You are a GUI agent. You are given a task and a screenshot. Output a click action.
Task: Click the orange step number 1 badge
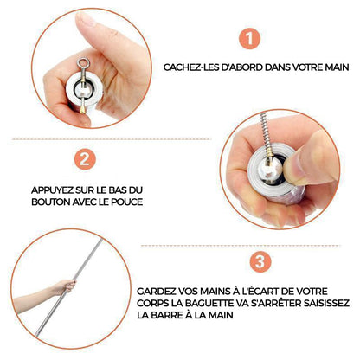click(249, 38)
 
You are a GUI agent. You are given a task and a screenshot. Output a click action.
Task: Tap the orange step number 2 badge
click(85, 159)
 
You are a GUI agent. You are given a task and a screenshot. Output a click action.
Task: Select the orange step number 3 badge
click(260, 261)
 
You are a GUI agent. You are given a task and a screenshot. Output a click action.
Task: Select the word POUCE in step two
click(129, 202)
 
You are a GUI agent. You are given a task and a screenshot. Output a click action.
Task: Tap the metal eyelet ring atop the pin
click(83, 63)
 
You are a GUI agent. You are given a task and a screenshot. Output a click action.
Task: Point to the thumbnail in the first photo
click(86, 19)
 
